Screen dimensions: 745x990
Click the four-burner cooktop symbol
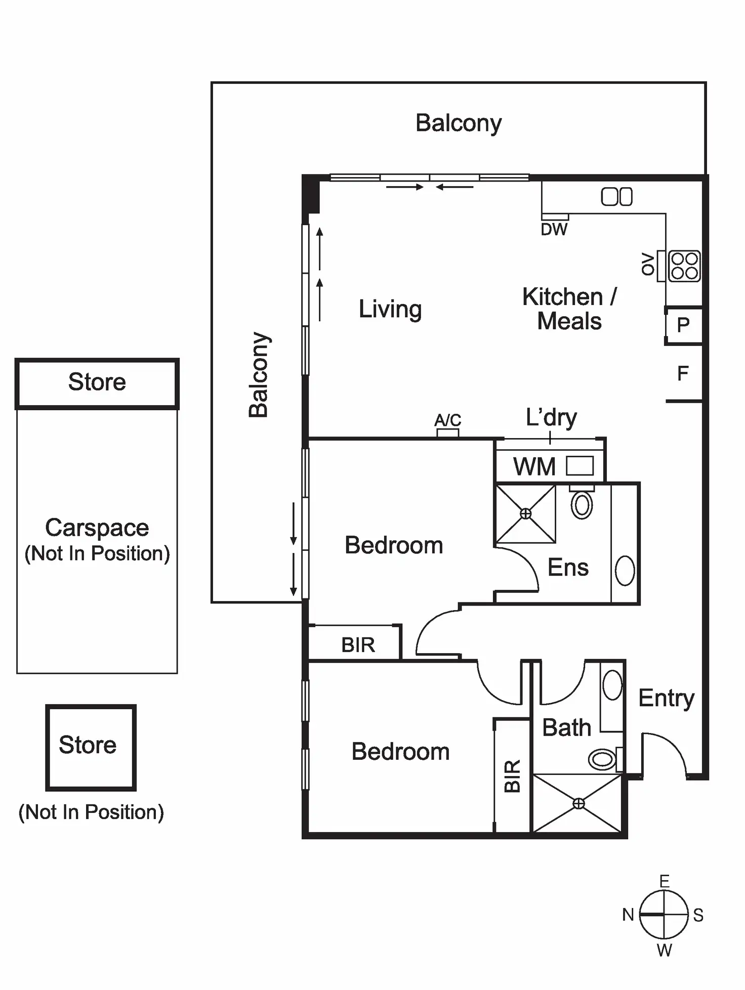(684, 266)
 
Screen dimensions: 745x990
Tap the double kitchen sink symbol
(616, 197)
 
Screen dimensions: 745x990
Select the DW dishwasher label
(554, 230)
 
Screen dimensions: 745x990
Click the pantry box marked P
(683, 325)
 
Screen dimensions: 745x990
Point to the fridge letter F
(683, 374)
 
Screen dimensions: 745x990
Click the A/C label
(448, 420)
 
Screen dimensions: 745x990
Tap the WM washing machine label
(534, 466)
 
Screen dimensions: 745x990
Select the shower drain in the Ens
(526, 514)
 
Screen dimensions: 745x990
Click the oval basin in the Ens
(625, 571)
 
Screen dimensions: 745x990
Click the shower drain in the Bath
(578, 803)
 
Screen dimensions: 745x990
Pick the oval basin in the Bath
(612, 685)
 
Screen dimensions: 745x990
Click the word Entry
(666, 699)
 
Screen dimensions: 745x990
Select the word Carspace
(97, 528)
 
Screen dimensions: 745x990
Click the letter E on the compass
(665, 882)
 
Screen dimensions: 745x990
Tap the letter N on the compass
(628, 915)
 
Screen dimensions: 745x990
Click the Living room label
(390, 309)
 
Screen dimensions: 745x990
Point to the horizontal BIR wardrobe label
(358, 645)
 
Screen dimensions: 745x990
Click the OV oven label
(648, 264)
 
